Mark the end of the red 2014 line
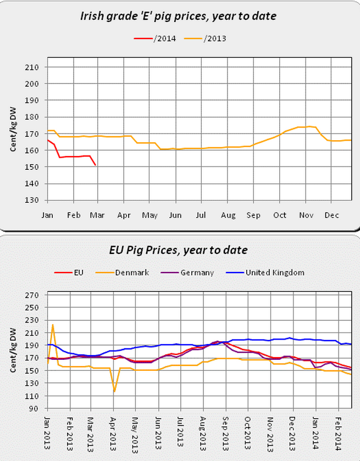[x=96, y=165]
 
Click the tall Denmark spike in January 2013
[x=53, y=325]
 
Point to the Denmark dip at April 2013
[x=114, y=391]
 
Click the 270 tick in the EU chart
[x=32, y=295]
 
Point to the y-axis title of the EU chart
[x=12, y=352]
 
